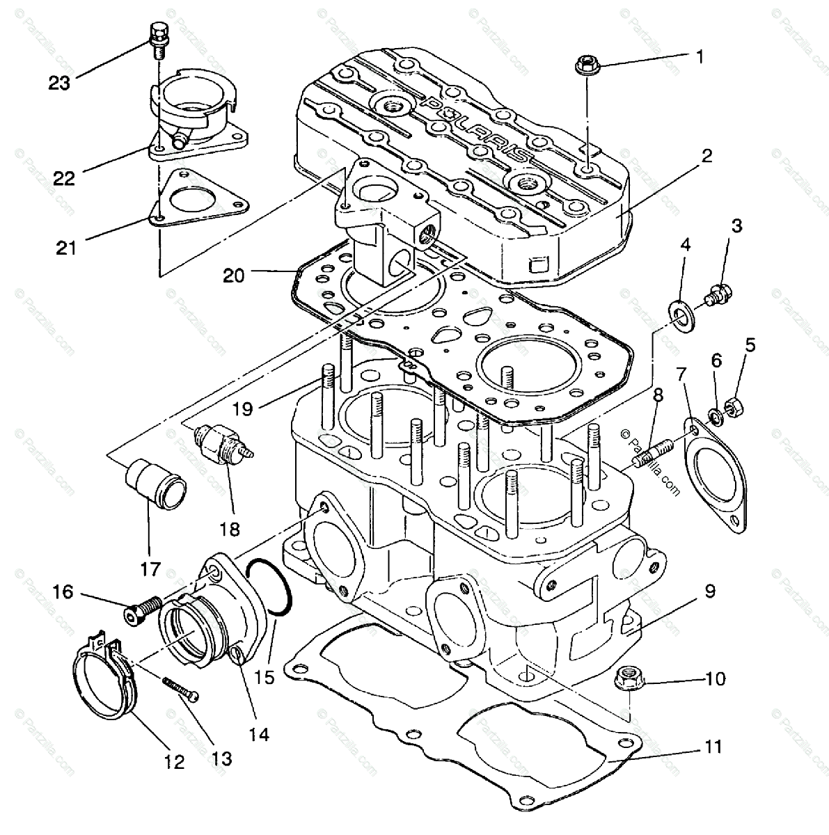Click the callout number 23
tap(60, 83)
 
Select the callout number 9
tap(709, 591)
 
